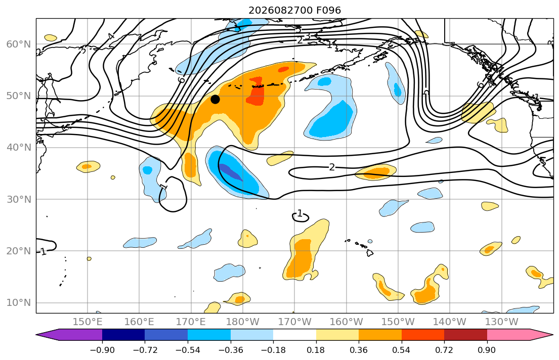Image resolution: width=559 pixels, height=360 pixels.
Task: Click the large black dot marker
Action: click(215, 100)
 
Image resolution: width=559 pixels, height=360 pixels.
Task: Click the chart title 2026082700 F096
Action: click(294, 10)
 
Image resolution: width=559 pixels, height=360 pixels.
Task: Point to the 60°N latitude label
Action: click(19, 44)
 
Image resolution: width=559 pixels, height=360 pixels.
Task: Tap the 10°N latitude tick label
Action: click(19, 303)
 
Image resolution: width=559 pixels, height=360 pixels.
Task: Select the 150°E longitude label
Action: click(88, 322)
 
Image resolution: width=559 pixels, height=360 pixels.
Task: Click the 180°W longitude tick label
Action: click(243, 322)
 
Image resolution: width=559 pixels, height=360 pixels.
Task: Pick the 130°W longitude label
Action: click(502, 322)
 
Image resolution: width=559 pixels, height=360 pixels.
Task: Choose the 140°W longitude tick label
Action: click(450, 322)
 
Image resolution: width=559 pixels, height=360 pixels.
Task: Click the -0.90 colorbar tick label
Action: click(102, 350)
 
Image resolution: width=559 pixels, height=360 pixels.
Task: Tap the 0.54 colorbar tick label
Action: click(402, 350)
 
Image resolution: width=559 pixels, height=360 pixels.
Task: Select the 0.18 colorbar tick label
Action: click(316, 350)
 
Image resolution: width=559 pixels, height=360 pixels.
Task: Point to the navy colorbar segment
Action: click(123, 335)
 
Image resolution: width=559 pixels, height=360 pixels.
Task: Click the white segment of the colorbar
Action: click(294, 335)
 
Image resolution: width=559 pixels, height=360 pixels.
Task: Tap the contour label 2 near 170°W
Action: click(332, 167)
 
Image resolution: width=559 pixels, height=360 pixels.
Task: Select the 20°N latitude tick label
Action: click(19, 251)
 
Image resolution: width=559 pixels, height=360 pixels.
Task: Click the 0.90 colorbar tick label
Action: click(487, 350)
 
